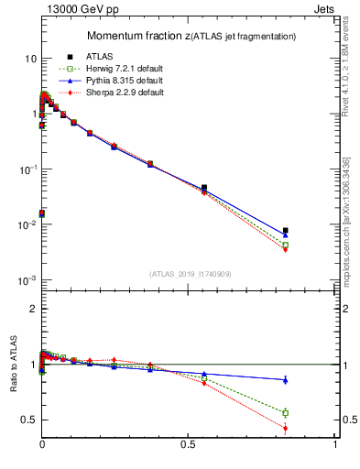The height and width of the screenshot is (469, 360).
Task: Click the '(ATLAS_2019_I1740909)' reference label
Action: (x=190, y=274)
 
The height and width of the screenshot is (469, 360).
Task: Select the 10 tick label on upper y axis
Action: (x=28, y=59)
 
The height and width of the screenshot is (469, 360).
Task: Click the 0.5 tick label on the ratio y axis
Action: (x=28, y=420)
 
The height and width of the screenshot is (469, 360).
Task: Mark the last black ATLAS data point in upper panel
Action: (x=286, y=231)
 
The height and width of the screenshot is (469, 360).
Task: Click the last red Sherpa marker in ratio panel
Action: (x=286, y=428)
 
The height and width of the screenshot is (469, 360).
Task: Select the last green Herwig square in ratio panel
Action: (x=286, y=413)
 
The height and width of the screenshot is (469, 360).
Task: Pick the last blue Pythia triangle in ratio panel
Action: (x=286, y=379)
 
